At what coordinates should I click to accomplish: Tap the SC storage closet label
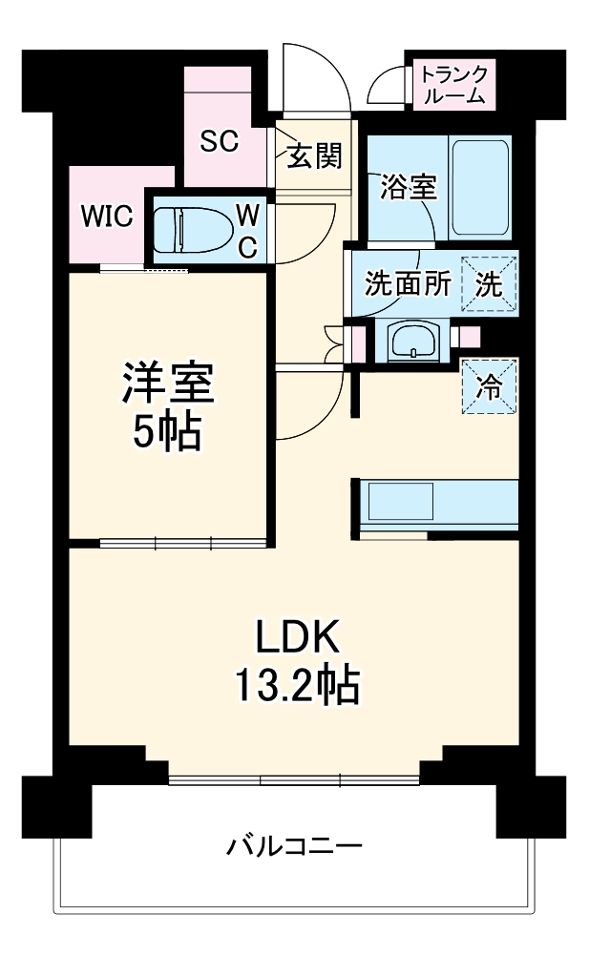coord(218,140)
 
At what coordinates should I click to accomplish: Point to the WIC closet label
coord(105,216)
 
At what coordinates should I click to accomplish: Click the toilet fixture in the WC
coord(191,230)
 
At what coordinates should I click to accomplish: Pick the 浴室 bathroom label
coord(408,187)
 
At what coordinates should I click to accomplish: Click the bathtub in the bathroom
coord(479,187)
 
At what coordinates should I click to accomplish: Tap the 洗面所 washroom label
coord(407,285)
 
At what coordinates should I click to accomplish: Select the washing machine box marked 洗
coord(489,285)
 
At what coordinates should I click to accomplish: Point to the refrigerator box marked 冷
coord(489,386)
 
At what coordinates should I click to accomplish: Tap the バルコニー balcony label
coord(294,846)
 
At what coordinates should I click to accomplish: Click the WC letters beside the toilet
coord(246,230)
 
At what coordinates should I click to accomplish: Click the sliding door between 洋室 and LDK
coord(181,544)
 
